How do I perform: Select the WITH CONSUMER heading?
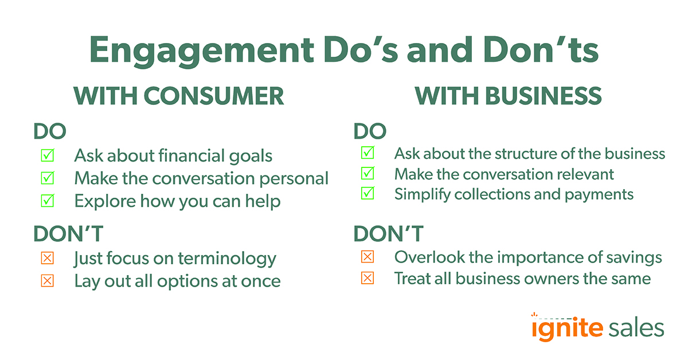click(x=179, y=96)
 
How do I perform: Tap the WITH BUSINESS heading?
click(x=508, y=96)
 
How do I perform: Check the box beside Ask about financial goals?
click(x=47, y=155)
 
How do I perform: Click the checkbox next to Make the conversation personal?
click(x=47, y=178)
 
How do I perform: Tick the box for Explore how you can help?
click(x=47, y=201)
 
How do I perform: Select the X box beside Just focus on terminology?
click(x=47, y=259)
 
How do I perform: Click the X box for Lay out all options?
click(x=47, y=281)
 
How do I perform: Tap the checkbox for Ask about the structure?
click(x=368, y=154)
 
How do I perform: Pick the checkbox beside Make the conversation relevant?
click(x=368, y=174)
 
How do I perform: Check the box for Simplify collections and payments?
click(x=368, y=194)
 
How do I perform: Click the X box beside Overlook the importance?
click(x=368, y=257)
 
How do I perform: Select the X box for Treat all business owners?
click(x=368, y=279)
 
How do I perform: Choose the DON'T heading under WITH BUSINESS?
click(x=388, y=234)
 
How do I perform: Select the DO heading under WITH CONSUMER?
click(x=50, y=131)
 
